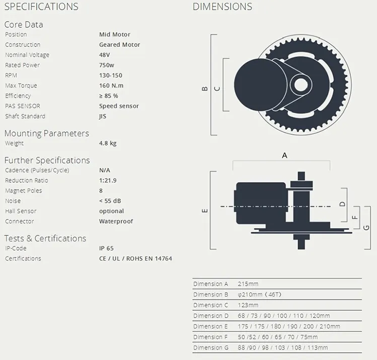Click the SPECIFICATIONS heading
point(41,7)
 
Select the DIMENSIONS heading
point(222,7)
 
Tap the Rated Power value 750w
point(107,65)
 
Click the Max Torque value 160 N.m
point(111,85)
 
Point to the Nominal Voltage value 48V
point(105,55)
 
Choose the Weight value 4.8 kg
point(108,143)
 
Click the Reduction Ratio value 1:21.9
point(108,181)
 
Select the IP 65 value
point(106,248)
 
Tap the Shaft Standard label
point(25,116)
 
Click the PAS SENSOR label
point(23,106)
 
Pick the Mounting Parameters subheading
point(47,133)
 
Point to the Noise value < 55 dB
point(110,201)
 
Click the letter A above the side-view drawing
point(285,155)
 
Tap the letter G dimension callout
point(366,227)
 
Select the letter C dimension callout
point(217,88)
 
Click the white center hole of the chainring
point(301,84)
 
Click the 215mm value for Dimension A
point(248,284)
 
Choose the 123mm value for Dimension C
point(248,305)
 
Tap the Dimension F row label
point(211,337)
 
